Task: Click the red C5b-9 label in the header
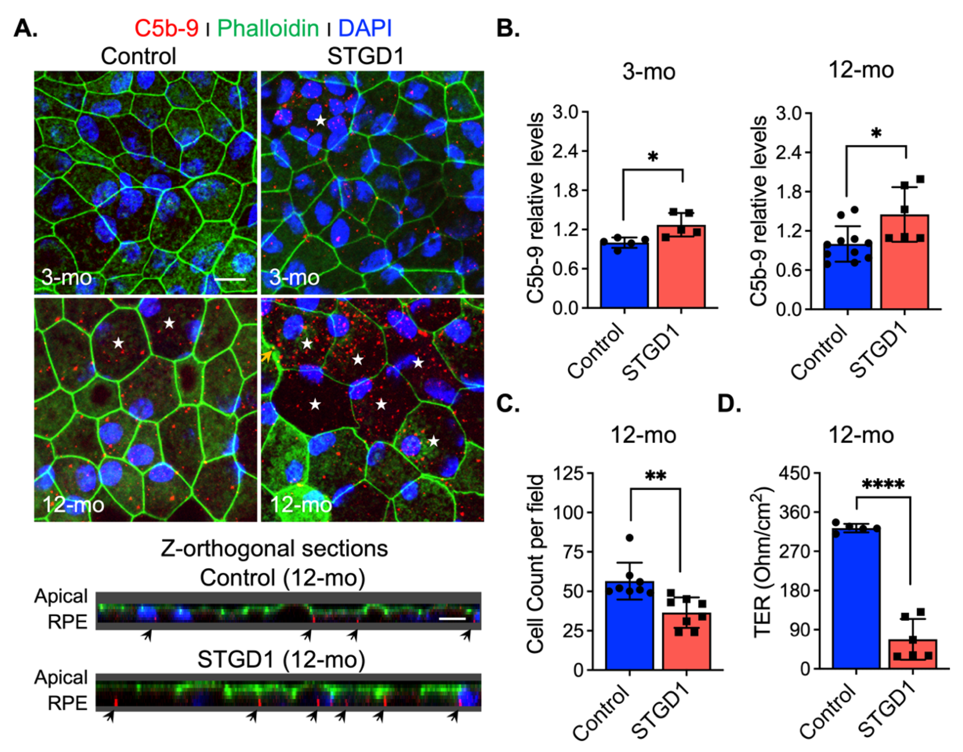[166, 28]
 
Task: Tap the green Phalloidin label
[268, 28]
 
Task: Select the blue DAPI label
[365, 28]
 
